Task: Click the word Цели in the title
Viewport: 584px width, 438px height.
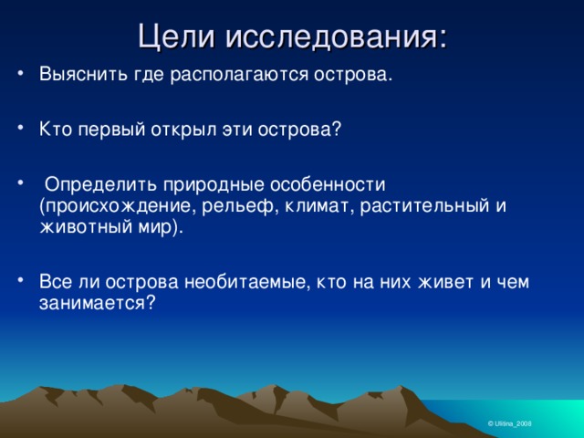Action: pos(177,37)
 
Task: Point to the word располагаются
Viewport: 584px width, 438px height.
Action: pos(239,75)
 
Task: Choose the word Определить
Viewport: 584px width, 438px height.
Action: pos(100,185)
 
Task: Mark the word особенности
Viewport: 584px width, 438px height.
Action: pos(328,184)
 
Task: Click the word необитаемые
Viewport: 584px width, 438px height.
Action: pos(247,282)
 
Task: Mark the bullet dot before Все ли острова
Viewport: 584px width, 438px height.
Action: pos(20,279)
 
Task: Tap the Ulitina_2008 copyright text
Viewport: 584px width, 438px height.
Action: pos(509,423)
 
